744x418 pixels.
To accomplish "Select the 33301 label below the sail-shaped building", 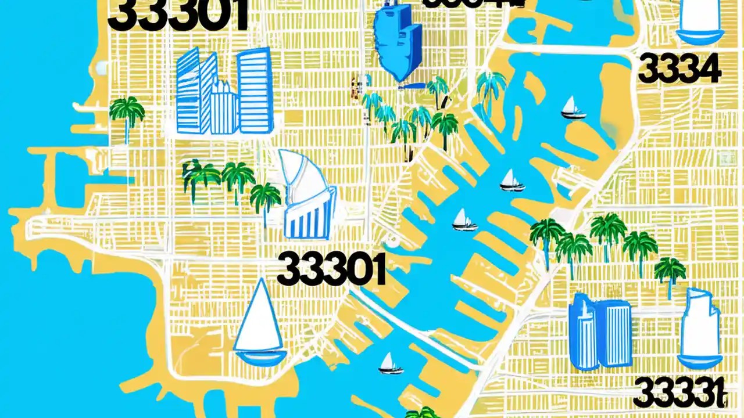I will (331, 269).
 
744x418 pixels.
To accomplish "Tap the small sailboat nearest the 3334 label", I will (573, 109).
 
